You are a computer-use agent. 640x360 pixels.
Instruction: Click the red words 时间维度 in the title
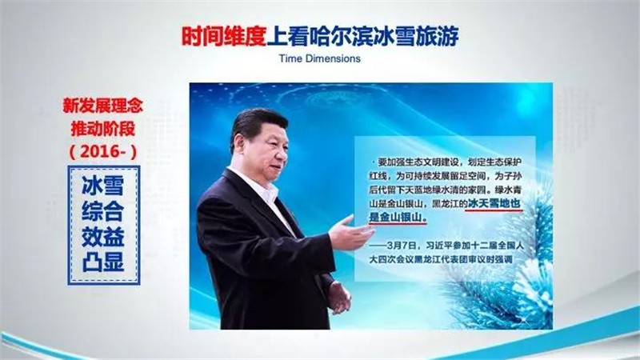click(x=224, y=36)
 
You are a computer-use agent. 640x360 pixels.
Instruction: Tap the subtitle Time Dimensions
click(x=319, y=58)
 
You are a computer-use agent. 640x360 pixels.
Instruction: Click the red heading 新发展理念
click(x=103, y=106)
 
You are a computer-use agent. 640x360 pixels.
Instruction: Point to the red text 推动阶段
click(x=103, y=129)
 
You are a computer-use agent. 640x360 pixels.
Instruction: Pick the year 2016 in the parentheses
click(x=103, y=152)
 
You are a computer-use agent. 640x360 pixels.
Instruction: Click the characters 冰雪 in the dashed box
click(x=103, y=186)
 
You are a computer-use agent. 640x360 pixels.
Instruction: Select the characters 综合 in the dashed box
click(x=103, y=211)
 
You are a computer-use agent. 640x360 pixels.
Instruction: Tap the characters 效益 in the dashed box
click(x=103, y=237)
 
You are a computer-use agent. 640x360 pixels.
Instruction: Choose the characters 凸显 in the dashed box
click(x=103, y=262)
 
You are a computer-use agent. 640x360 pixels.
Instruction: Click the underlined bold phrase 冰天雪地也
click(x=494, y=203)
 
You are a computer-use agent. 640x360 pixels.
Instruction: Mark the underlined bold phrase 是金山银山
click(x=397, y=217)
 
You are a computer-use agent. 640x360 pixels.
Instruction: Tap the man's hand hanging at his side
click(x=339, y=298)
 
